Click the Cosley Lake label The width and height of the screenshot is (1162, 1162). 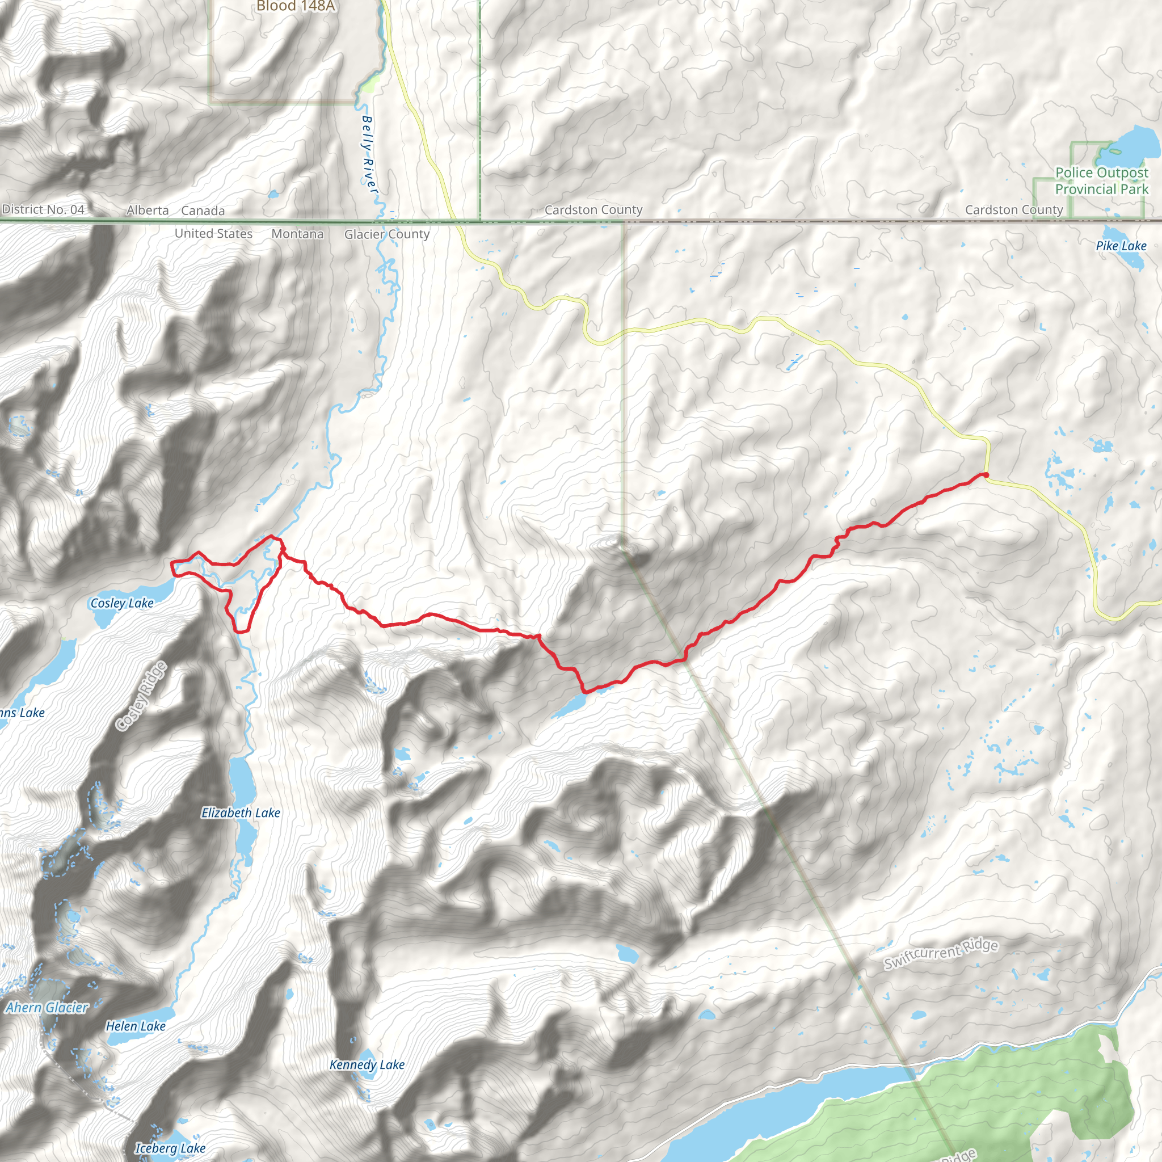coord(122,603)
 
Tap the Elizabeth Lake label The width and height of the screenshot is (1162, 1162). coord(241,813)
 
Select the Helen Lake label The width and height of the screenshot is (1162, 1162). coord(136,1026)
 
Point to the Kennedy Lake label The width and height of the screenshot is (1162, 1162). coord(367,1065)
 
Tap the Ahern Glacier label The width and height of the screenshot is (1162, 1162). coord(47,1008)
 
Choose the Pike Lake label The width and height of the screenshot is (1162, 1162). coord(1121,246)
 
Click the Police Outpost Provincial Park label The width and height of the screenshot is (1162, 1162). coord(1101,181)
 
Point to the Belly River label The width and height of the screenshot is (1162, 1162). coord(369,155)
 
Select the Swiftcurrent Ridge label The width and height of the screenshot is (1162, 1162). coord(941,954)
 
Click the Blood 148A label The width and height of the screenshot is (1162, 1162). coord(295,7)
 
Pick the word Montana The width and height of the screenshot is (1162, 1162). coord(297,234)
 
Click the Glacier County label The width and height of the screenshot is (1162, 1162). coord(387,234)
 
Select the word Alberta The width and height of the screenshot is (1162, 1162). coord(148,210)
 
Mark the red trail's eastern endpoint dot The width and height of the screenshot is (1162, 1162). coord(986,475)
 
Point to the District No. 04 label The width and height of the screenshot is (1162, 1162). coord(43,210)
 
